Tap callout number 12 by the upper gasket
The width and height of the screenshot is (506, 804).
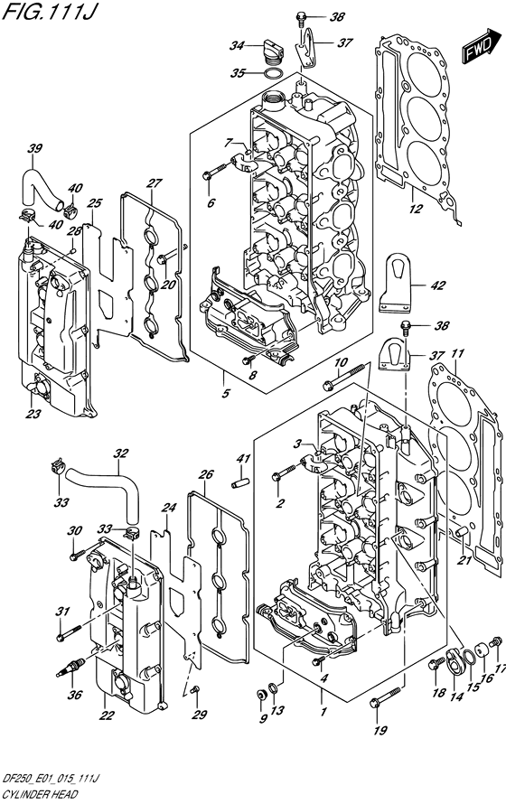coord(417,209)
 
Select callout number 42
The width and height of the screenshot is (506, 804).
coord(437,285)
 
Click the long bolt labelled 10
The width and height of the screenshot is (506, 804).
coord(343,377)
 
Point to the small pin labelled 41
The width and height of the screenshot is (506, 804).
coord(241,483)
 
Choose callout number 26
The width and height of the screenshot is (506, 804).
coord(206,475)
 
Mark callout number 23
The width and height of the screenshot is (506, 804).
coord(33,413)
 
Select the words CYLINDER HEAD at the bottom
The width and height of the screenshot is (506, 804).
coord(39,795)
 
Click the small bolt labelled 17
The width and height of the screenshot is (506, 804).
coord(496,641)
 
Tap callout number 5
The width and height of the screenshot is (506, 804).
coord(226,394)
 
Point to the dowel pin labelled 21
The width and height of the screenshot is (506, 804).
coord(463,532)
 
